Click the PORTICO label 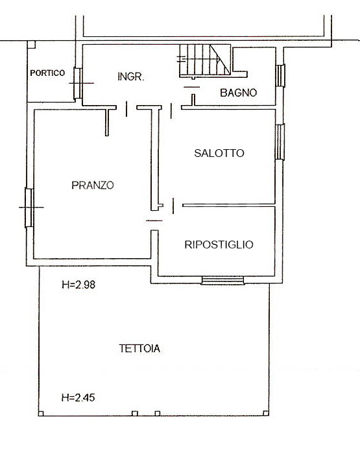click(x=47, y=73)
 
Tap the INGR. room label click(x=130, y=77)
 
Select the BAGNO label click(x=238, y=93)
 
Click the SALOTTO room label click(x=219, y=153)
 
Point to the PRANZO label click(x=93, y=185)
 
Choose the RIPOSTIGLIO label click(x=219, y=245)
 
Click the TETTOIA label click(x=139, y=348)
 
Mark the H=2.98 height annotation click(x=82, y=284)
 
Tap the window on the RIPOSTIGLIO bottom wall click(x=222, y=280)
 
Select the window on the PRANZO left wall click(x=29, y=207)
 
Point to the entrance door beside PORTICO click(x=77, y=83)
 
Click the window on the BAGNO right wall click(x=281, y=75)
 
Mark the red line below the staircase click(x=191, y=85)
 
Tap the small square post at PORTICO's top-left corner click(x=31, y=44)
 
